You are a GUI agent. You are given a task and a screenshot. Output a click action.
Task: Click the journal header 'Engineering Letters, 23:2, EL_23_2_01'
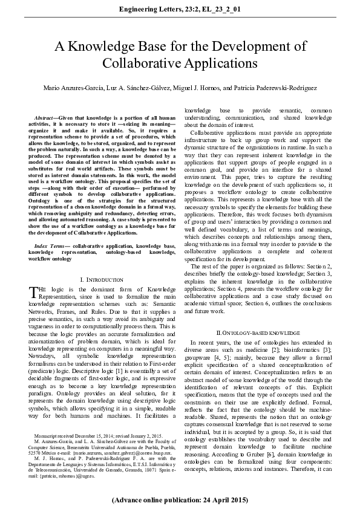click(x=180, y=10)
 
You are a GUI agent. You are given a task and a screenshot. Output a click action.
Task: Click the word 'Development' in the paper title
click(x=235, y=47)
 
